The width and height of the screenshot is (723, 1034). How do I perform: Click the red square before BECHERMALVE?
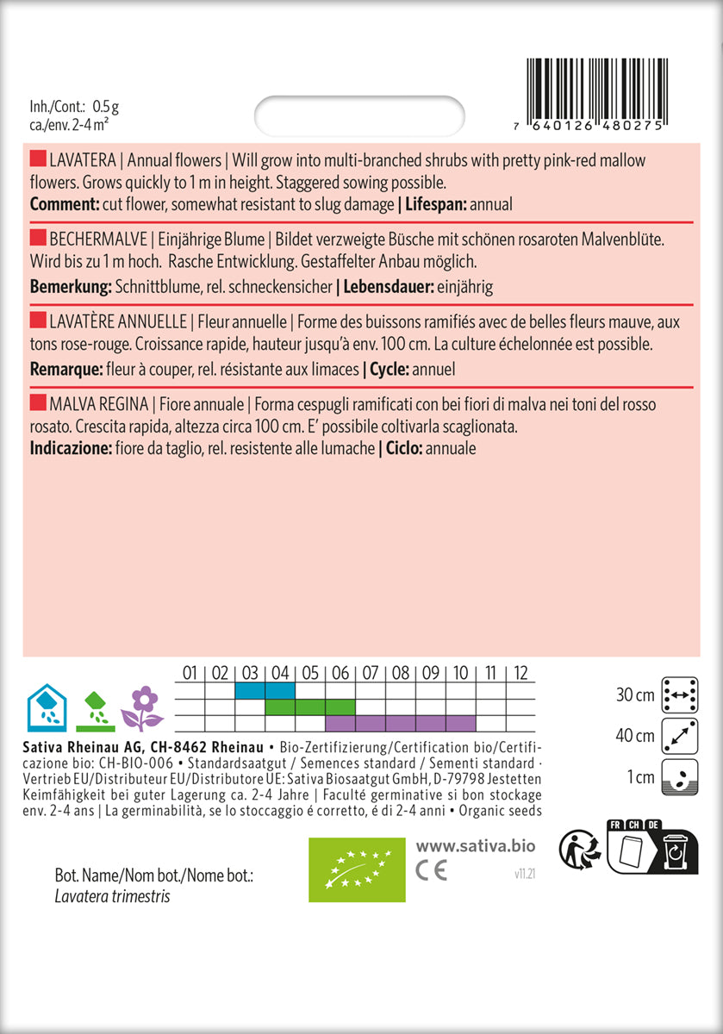[38, 237]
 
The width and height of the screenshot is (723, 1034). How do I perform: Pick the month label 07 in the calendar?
[371, 672]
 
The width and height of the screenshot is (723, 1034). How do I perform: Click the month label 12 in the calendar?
[520, 672]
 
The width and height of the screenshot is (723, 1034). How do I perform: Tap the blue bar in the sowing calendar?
[265, 690]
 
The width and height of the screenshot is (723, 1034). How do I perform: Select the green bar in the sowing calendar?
[309, 707]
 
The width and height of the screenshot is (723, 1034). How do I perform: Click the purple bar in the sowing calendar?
[401, 723]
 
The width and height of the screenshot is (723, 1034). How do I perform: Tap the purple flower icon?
[142, 707]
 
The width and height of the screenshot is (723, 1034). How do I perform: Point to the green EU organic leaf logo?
[357, 868]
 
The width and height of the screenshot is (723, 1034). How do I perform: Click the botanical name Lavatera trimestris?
[112, 896]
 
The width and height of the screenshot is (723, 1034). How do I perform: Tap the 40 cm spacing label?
[637, 735]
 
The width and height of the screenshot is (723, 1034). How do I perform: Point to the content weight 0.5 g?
[105, 107]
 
